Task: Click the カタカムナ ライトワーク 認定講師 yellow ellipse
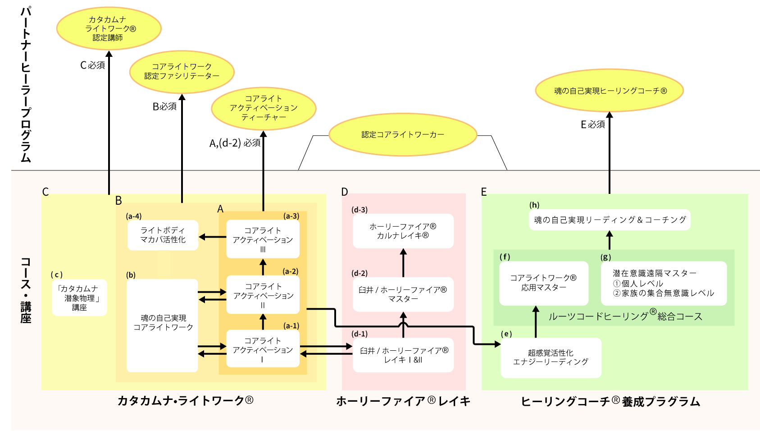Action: coord(109,28)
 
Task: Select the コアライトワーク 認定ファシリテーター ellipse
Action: coord(182,72)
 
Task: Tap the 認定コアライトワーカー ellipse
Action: coord(403,135)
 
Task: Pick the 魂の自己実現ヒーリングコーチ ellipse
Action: coord(609,91)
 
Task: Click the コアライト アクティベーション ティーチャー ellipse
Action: coord(264,108)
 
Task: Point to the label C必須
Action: coord(92,65)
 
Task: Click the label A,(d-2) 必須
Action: coord(235,143)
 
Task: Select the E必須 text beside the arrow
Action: coord(592,124)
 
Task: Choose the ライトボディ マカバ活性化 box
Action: coord(163,235)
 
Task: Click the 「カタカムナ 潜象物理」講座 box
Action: coord(79,298)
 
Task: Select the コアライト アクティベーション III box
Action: coord(263,239)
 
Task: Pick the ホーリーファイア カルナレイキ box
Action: coord(403,231)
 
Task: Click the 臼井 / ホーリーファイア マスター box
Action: coord(403,294)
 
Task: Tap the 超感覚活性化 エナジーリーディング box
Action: coord(551,358)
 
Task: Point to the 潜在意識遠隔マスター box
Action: coord(663,283)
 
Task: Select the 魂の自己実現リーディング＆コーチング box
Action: coord(610,220)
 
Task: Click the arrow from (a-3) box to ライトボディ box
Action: coord(213,237)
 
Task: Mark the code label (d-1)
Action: coord(360,334)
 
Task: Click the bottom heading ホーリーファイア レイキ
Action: coord(403,401)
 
